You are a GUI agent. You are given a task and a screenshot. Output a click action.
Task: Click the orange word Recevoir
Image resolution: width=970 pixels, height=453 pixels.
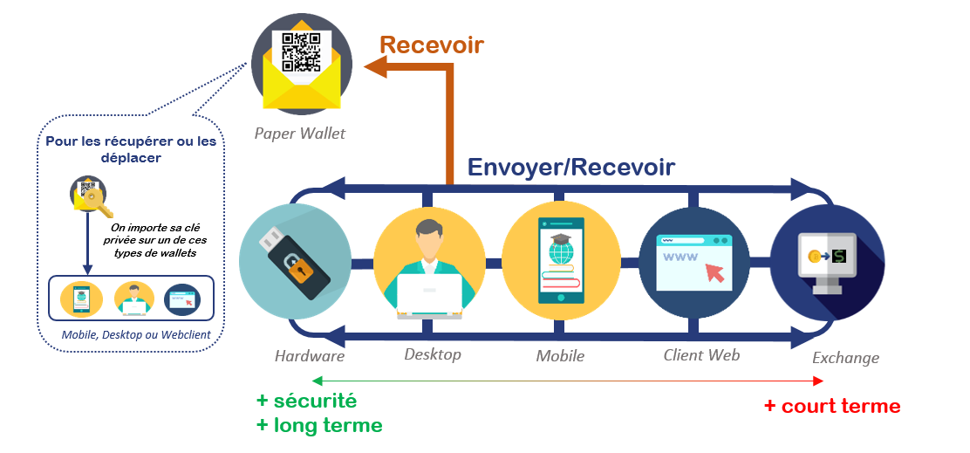point(431,45)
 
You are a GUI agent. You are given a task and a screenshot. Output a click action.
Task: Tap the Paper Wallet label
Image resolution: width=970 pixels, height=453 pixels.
point(300,134)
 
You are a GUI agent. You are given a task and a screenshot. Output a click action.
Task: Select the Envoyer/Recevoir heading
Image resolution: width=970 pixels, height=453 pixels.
point(571,167)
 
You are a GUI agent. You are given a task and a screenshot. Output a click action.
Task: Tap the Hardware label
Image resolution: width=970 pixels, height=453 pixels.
point(310,355)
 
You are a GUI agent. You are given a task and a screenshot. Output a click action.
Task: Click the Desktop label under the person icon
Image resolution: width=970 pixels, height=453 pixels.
point(432,354)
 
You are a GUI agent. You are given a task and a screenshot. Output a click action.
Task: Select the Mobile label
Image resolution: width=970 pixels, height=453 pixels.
point(560,355)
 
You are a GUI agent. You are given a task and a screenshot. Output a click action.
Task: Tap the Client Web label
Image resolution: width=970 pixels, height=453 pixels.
point(701,354)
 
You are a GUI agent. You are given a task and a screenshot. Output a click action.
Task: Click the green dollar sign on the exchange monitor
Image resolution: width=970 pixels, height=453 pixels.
point(838,256)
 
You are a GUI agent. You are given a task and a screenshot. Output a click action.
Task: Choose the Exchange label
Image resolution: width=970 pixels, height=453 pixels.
point(845,358)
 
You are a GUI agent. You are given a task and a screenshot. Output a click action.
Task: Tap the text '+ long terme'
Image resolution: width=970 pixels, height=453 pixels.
point(318,426)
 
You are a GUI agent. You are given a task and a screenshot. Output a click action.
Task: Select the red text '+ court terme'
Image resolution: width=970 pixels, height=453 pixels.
point(831,406)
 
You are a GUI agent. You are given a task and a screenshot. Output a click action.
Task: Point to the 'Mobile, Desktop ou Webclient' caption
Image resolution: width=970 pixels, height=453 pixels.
point(130,335)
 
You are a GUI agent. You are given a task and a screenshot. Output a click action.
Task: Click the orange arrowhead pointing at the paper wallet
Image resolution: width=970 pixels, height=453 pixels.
point(376,65)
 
